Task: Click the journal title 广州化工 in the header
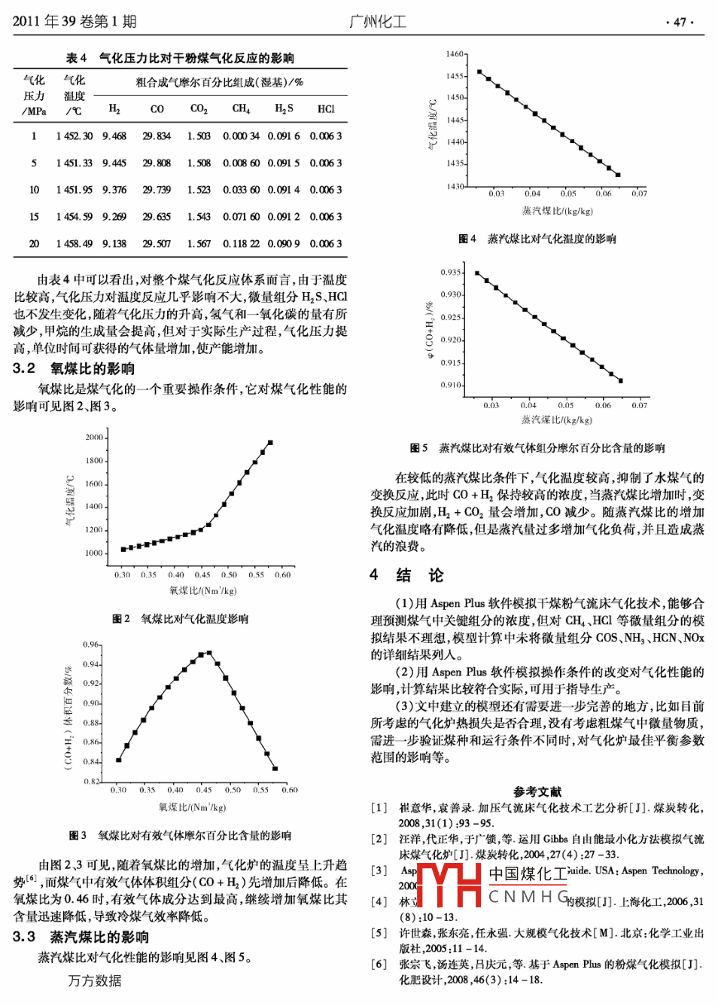point(377,22)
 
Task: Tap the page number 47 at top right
point(680,23)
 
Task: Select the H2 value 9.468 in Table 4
point(114,136)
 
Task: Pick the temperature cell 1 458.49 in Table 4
point(74,244)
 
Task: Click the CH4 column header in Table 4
point(241,109)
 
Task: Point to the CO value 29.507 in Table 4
point(157,244)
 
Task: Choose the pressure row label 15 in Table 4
point(34,217)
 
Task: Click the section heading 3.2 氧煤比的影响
point(74,368)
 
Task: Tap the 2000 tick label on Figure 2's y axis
point(94,437)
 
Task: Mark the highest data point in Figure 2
point(270,443)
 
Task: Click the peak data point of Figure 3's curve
point(208,653)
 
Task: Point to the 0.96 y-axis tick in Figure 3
point(91,645)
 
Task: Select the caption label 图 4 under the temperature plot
point(467,239)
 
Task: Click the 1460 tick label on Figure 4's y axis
point(455,54)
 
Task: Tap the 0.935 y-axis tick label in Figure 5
point(451,273)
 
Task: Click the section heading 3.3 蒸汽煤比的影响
point(81,937)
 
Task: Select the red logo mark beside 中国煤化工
point(449,885)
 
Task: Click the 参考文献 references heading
point(537,791)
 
